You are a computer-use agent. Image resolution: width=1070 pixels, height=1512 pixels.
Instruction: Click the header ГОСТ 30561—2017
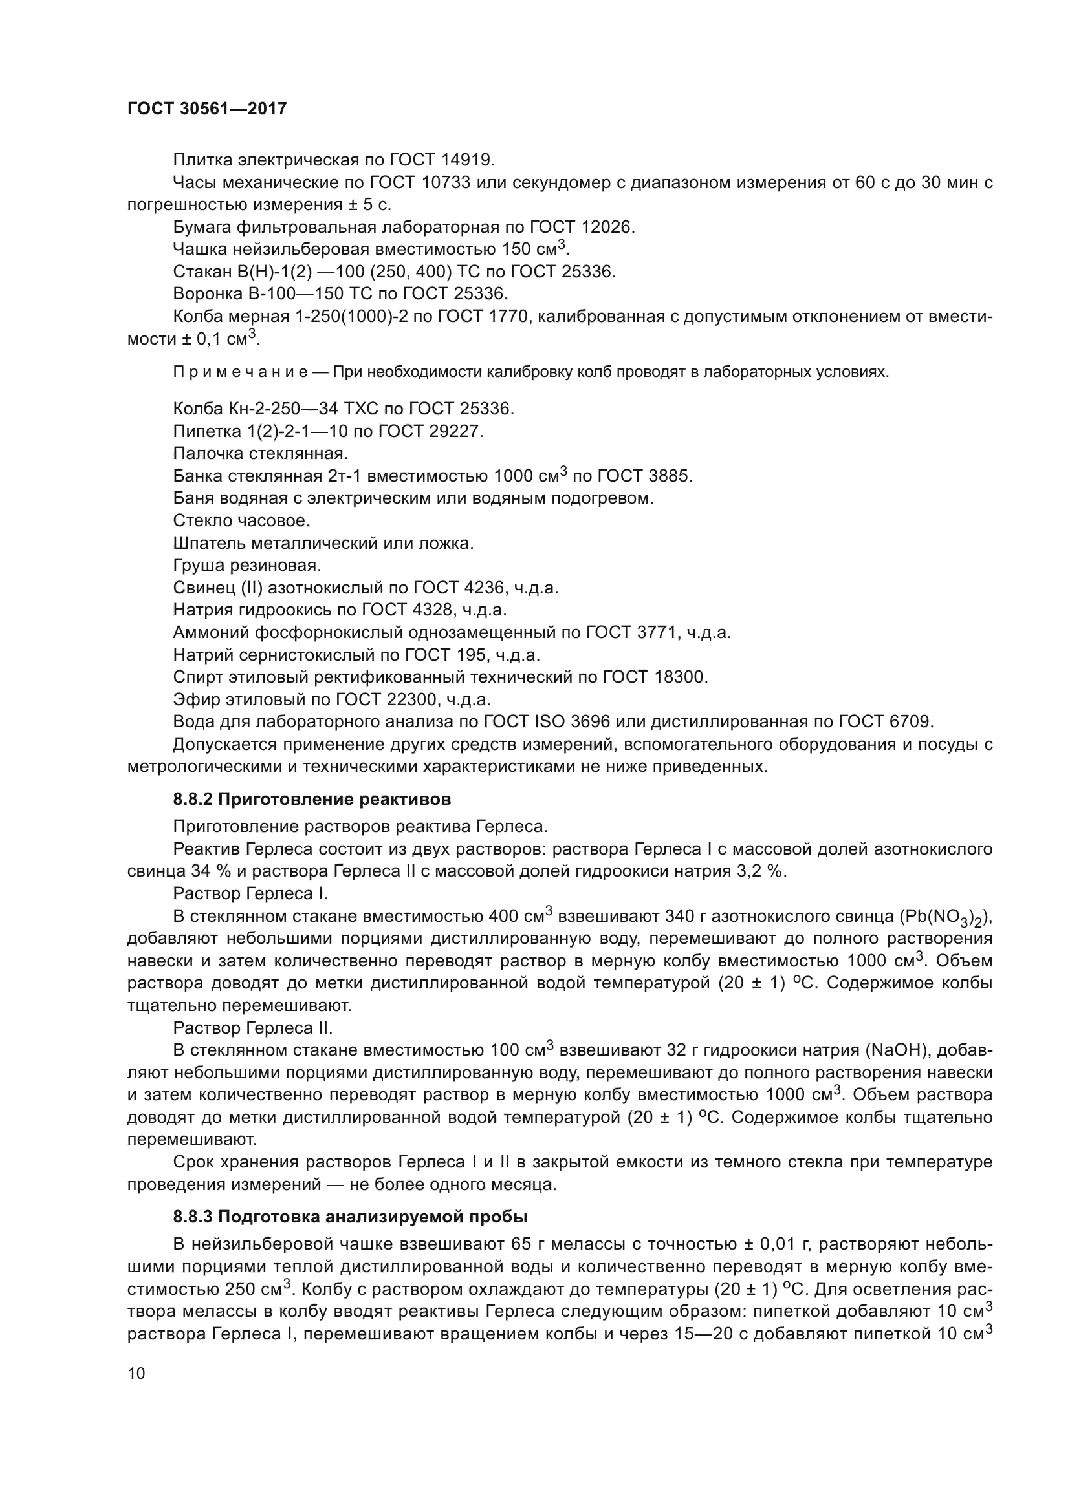(207, 109)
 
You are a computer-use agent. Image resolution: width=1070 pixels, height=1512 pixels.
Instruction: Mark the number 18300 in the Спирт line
(681, 677)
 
